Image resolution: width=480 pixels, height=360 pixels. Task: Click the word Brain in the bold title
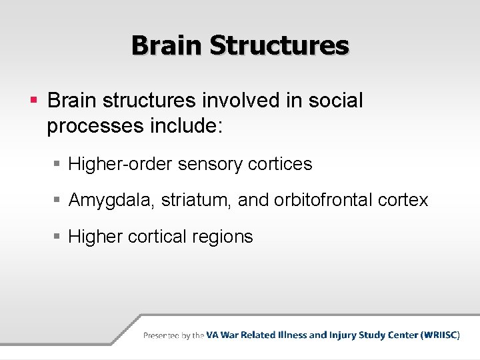point(167,45)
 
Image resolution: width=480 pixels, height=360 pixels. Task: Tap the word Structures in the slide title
point(279,45)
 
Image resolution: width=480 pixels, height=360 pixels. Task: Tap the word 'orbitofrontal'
point(322,200)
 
